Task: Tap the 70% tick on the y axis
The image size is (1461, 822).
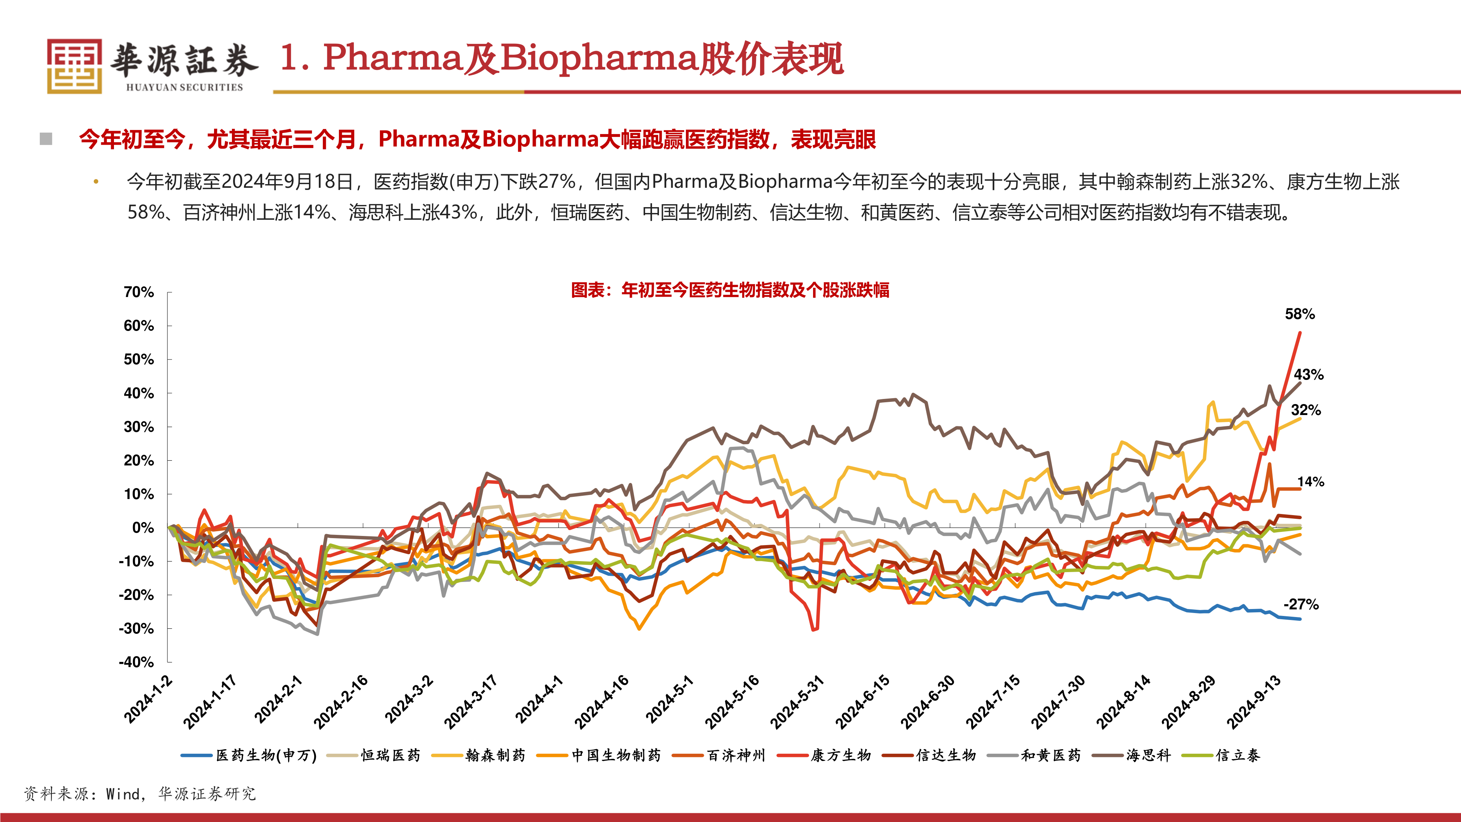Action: (138, 292)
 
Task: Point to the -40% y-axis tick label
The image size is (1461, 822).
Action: (136, 662)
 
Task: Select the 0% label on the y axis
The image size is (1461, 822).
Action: (143, 528)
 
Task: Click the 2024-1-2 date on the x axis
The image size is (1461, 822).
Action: (149, 700)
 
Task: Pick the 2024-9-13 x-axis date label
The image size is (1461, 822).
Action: (1254, 702)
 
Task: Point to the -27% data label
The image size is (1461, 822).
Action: (1301, 604)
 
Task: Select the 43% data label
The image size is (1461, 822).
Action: (1308, 374)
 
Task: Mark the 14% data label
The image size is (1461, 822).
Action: (1311, 482)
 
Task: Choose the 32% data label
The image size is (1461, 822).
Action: (1306, 410)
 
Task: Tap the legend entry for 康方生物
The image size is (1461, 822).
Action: (840, 755)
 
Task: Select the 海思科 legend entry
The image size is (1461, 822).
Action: (1148, 755)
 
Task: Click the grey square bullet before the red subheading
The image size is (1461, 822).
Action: (46, 139)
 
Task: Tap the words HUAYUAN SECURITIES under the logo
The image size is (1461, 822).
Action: (184, 87)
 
